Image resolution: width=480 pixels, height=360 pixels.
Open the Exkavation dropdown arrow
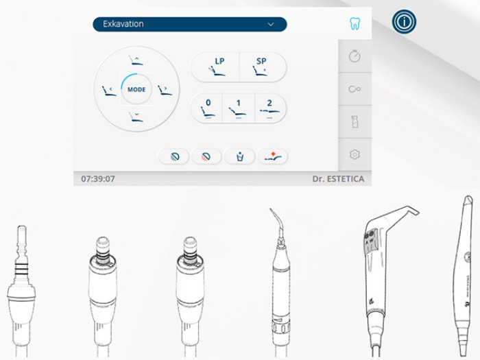(271, 24)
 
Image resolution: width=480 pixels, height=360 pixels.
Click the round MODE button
(136, 89)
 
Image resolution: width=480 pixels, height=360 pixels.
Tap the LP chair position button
(215, 67)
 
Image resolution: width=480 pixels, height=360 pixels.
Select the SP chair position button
(263, 67)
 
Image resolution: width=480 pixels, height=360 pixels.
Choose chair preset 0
(207, 108)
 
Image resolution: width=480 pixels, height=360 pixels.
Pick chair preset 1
(238, 108)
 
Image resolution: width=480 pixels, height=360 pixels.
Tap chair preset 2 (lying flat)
(270, 108)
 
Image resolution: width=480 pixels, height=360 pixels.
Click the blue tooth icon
(355, 23)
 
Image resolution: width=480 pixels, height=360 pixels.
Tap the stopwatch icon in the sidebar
(355, 56)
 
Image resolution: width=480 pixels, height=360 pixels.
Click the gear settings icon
(355, 154)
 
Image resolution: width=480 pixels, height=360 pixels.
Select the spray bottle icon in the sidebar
(355, 122)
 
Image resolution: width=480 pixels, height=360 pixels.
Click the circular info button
(404, 22)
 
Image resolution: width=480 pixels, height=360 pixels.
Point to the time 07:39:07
(98, 179)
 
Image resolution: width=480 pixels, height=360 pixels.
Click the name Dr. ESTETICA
(338, 179)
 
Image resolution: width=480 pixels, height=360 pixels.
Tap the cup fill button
(240, 157)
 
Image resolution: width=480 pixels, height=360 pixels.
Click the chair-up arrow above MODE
(136, 60)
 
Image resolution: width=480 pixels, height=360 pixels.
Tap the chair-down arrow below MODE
(136, 117)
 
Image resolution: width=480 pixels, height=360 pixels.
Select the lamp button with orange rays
(206, 157)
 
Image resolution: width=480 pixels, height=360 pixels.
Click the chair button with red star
(273, 157)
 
